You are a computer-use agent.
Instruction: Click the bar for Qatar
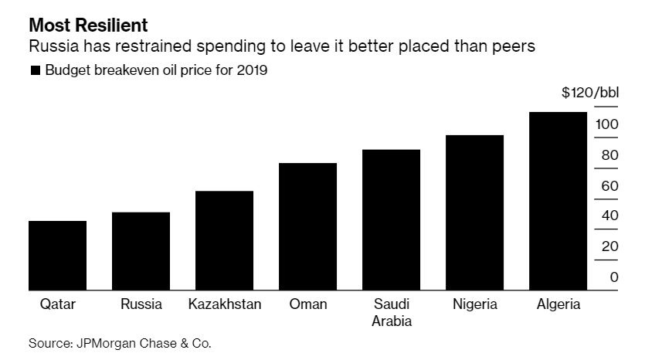point(58,256)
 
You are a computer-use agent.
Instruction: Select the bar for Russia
point(141,251)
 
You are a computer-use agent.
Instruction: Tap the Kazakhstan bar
point(225,240)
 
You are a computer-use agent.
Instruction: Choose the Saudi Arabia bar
point(392,219)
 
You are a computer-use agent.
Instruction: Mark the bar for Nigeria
point(475,212)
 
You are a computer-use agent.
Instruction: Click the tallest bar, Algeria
point(558,201)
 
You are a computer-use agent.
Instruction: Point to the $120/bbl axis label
point(590,93)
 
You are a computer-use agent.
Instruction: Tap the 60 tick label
point(610,185)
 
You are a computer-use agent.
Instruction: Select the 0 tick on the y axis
point(614,277)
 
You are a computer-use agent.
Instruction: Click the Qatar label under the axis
point(58,304)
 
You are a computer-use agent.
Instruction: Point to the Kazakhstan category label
point(225,304)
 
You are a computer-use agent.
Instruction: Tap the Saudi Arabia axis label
point(392,312)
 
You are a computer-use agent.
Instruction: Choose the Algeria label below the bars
point(558,304)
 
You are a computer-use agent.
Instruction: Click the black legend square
point(35,71)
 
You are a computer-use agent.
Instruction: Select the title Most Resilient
point(88,23)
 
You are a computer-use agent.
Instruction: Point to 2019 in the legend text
point(252,70)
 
